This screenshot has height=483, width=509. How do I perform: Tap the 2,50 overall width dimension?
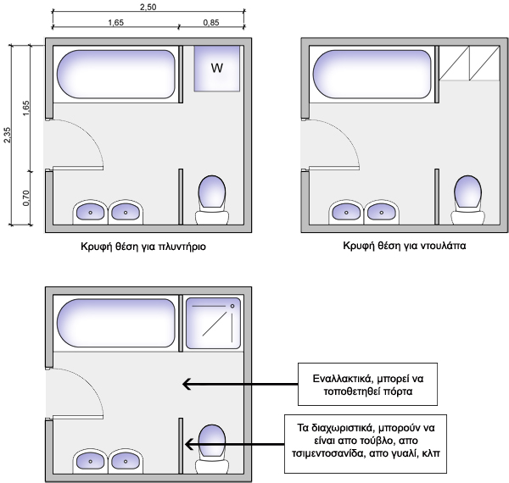[x=148, y=7]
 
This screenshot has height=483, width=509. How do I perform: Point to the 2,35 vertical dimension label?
[x=8, y=134]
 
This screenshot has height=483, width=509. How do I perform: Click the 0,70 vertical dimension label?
[x=26, y=198]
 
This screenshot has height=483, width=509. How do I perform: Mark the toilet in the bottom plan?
[x=211, y=447]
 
